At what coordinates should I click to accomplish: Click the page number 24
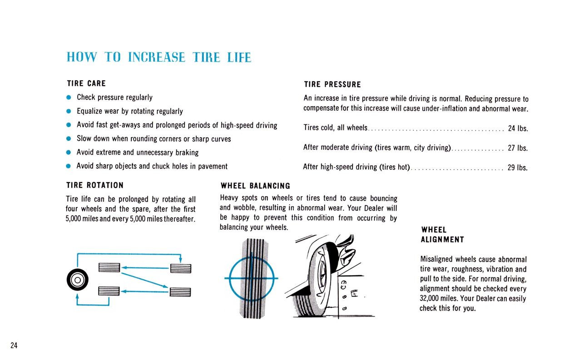(x=14, y=345)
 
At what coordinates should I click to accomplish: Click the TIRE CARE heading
(x=86, y=83)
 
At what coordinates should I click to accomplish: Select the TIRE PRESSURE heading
(x=332, y=84)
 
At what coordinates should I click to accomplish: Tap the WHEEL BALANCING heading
(x=255, y=186)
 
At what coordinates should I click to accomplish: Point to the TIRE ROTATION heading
(x=95, y=185)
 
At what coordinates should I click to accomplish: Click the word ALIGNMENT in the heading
(x=442, y=240)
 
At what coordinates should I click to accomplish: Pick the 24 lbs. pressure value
(x=518, y=128)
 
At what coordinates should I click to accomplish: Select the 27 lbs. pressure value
(x=518, y=148)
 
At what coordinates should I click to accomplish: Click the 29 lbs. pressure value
(x=518, y=168)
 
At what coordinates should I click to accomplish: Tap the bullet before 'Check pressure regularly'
(x=69, y=98)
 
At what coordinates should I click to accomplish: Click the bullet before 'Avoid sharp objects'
(x=68, y=166)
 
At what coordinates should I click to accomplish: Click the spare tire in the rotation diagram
(x=78, y=280)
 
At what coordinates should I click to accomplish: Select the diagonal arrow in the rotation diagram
(x=145, y=280)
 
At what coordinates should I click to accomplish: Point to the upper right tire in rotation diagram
(x=181, y=268)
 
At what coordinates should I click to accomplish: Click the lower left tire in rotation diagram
(x=109, y=291)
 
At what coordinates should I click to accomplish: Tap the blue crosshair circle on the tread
(x=252, y=278)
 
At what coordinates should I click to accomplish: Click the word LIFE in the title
(x=239, y=57)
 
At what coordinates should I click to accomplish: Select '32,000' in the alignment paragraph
(x=429, y=299)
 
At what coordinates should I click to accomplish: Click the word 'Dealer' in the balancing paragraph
(x=374, y=208)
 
